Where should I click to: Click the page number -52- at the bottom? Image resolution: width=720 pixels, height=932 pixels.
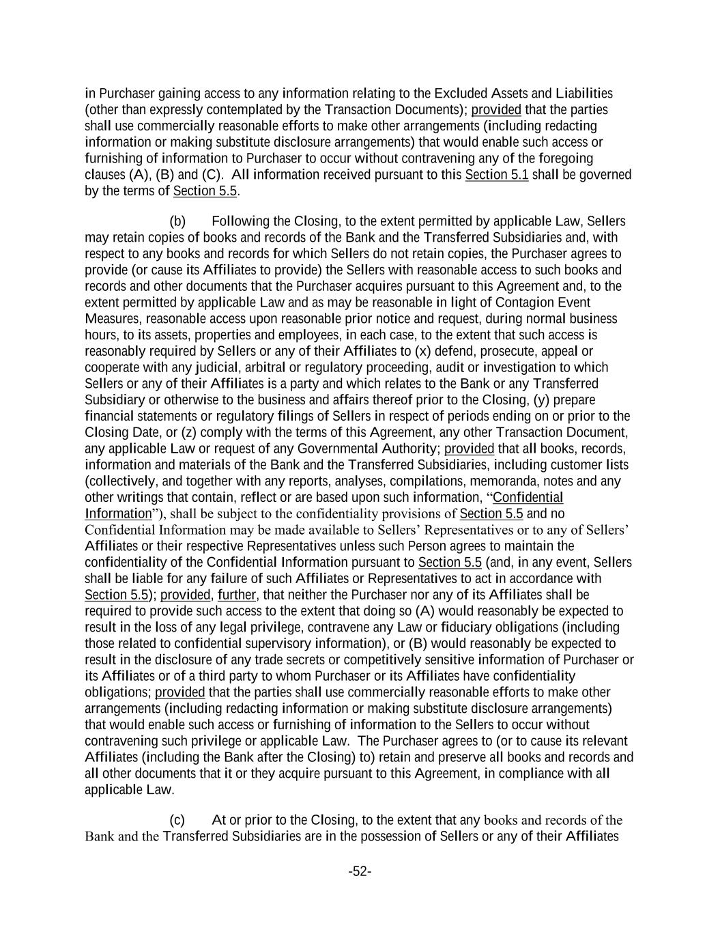(360, 871)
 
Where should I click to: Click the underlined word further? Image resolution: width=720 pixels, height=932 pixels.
(236, 595)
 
